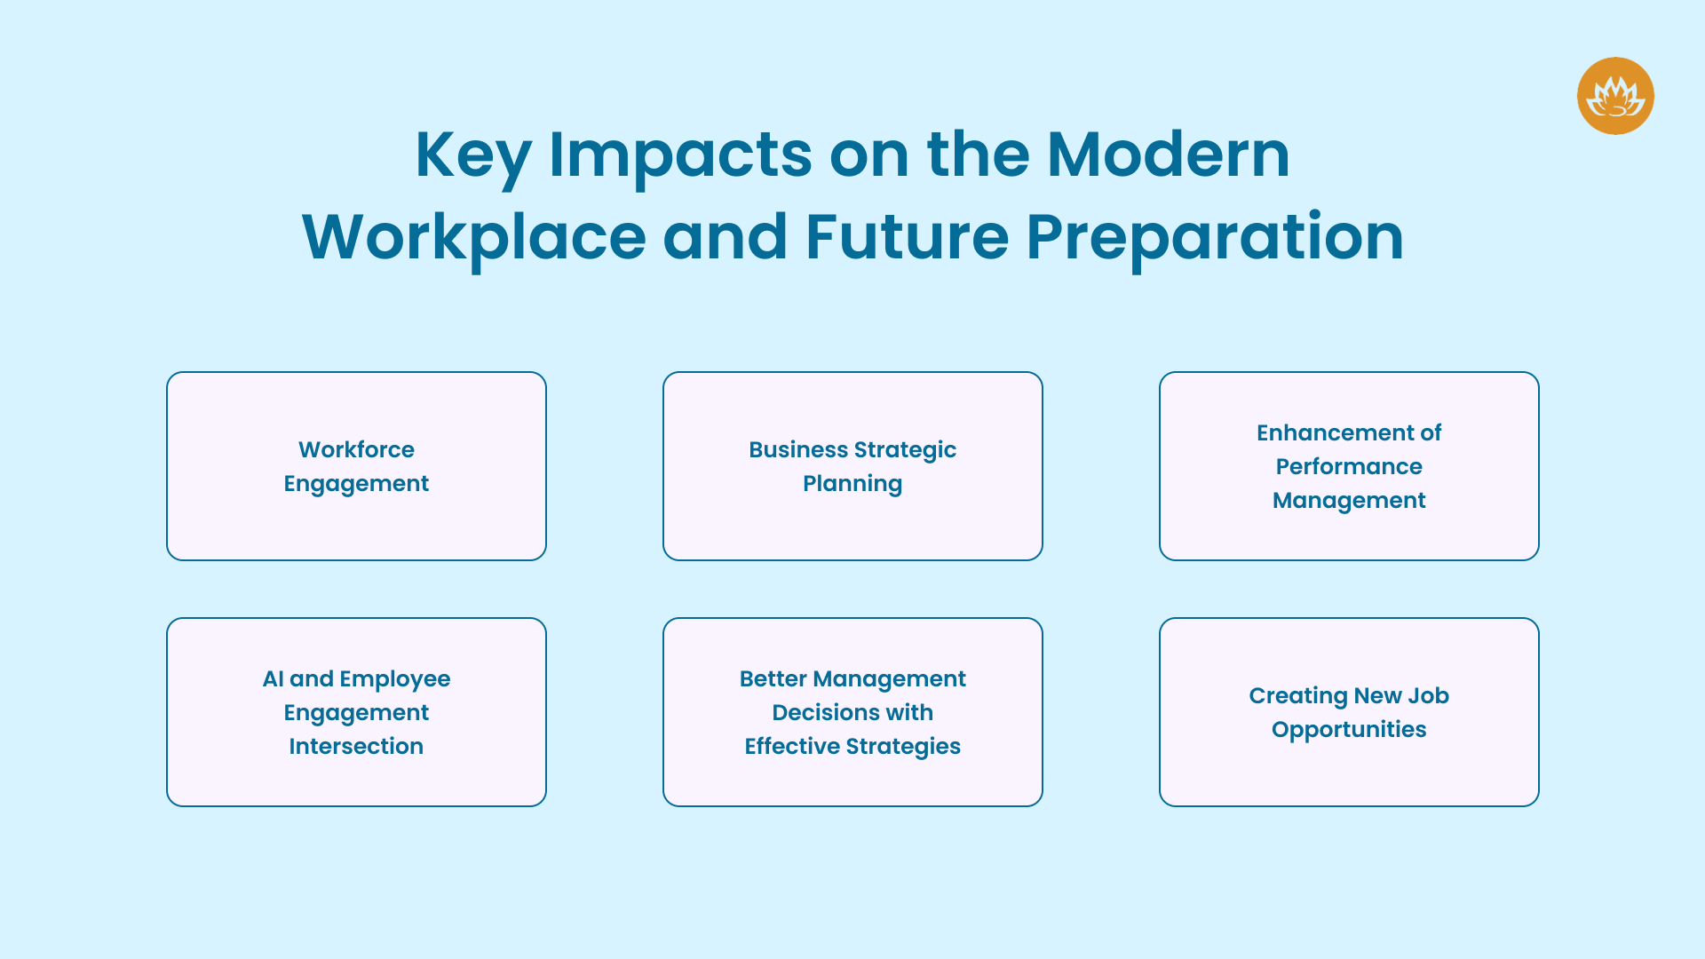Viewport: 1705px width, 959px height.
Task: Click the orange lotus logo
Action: coord(1614,96)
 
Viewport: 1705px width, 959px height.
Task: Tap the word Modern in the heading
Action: coord(1168,155)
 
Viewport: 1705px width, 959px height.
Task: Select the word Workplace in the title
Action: coord(473,237)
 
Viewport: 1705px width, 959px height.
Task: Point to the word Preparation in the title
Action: coord(1214,237)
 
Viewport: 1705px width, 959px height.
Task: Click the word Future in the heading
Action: coord(906,237)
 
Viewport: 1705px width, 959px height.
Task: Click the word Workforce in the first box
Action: coord(356,449)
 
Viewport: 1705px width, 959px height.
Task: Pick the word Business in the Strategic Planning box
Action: coord(797,449)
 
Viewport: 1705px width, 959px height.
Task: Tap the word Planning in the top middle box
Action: coord(852,484)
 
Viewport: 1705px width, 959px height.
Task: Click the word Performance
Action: coord(1349,466)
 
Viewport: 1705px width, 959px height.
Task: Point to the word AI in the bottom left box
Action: coord(273,678)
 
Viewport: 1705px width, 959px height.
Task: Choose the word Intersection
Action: coord(356,746)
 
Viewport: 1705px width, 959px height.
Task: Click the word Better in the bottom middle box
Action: coord(773,678)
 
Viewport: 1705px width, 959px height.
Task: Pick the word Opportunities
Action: coord(1349,730)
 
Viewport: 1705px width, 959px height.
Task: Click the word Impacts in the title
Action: coord(680,156)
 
